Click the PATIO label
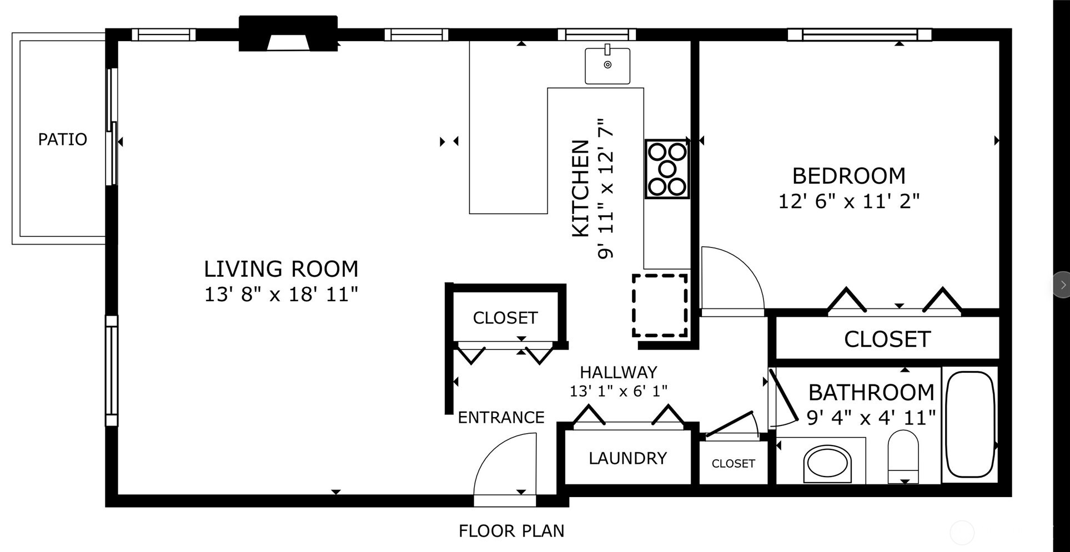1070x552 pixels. click(x=62, y=139)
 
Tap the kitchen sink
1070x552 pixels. click(x=607, y=65)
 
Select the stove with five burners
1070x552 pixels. click(x=667, y=169)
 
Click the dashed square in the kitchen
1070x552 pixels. click(x=660, y=305)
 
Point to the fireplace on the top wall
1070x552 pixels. click(x=288, y=34)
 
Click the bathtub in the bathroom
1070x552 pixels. click(x=969, y=424)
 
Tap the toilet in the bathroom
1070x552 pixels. click(x=903, y=457)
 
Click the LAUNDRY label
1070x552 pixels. click(x=627, y=458)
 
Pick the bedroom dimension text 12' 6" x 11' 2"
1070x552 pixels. click(x=848, y=201)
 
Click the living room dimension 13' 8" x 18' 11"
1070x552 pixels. click(x=281, y=294)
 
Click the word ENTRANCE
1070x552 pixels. click(x=501, y=417)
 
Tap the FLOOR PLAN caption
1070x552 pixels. click(x=511, y=531)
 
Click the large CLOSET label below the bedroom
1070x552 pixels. click(x=887, y=339)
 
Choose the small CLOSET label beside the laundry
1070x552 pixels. click(x=733, y=463)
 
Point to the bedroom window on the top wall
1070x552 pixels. click(x=859, y=35)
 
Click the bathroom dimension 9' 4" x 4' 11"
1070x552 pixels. click(x=871, y=417)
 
